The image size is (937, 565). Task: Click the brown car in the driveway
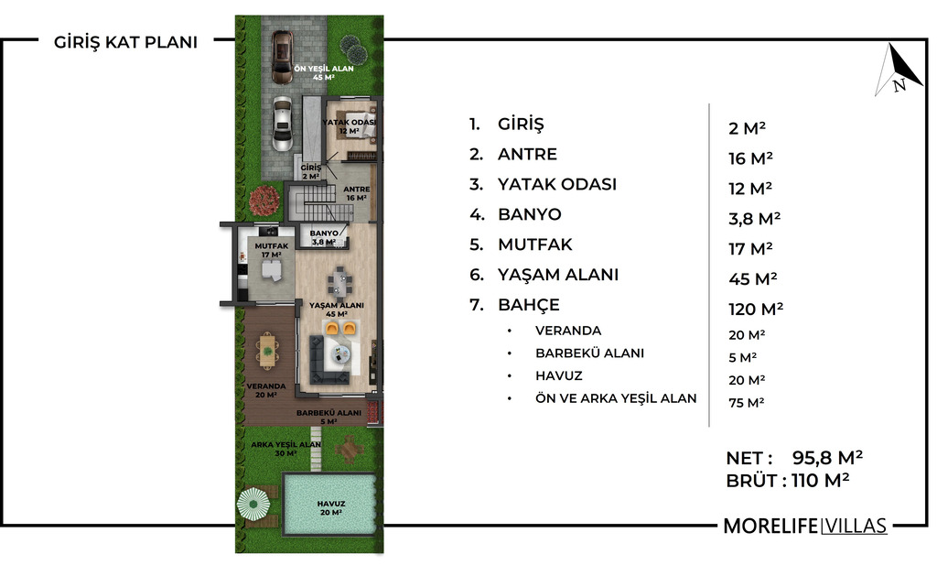click(x=282, y=58)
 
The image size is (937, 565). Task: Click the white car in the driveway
click(x=282, y=124)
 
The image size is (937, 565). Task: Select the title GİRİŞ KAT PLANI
click(x=125, y=42)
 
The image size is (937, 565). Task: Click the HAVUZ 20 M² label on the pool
click(x=330, y=508)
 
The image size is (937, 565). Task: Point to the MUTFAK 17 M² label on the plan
click(x=271, y=250)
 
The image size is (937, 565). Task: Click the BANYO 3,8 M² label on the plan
click(x=324, y=237)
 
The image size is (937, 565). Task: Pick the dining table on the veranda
click(x=267, y=349)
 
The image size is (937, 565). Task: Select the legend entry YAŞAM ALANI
click(x=558, y=275)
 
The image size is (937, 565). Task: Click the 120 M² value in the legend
click(x=755, y=309)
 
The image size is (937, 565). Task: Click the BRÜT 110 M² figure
click(x=788, y=480)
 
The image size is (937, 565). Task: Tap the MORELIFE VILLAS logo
click(x=804, y=526)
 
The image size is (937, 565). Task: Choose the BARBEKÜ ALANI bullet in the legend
click(x=589, y=353)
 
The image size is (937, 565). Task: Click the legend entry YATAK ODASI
click(x=557, y=184)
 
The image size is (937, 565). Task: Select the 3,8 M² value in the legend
click(x=754, y=218)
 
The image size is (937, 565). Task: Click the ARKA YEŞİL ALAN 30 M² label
click(x=285, y=449)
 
